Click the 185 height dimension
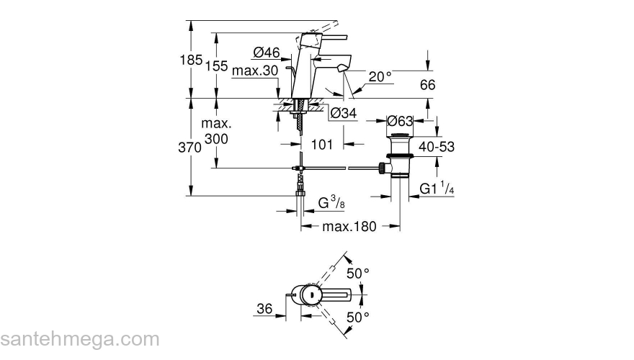[190, 60]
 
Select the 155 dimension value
[216, 66]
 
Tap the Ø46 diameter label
[266, 52]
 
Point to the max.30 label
[255, 70]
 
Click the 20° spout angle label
[380, 76]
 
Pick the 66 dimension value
[427, 85]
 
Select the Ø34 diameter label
[343, 113]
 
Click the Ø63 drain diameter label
[400, 120]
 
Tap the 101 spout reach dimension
[321, 145]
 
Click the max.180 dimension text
[349, 227]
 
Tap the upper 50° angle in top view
[358, 274]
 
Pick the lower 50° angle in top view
[358, 316]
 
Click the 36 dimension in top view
[264, 309]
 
